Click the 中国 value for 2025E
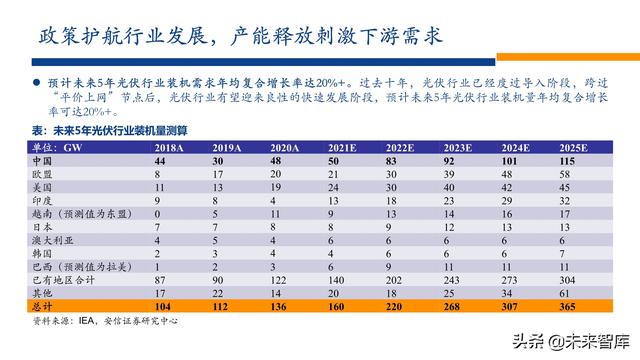click(x=570, y=160)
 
